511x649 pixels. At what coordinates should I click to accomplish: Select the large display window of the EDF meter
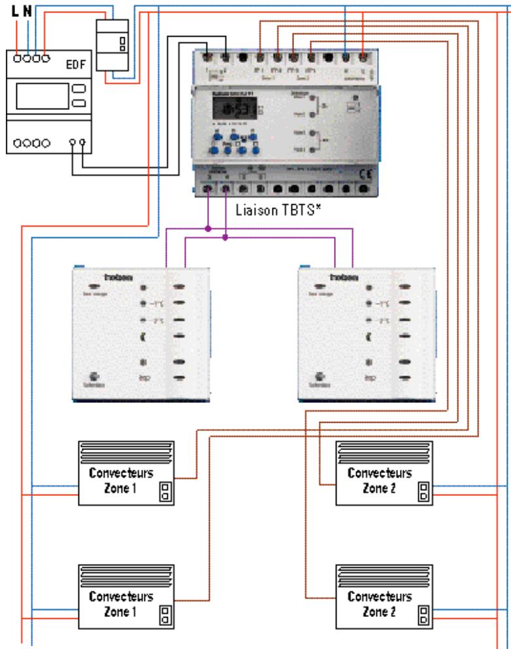pyautogui.click(x=41, y=96)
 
